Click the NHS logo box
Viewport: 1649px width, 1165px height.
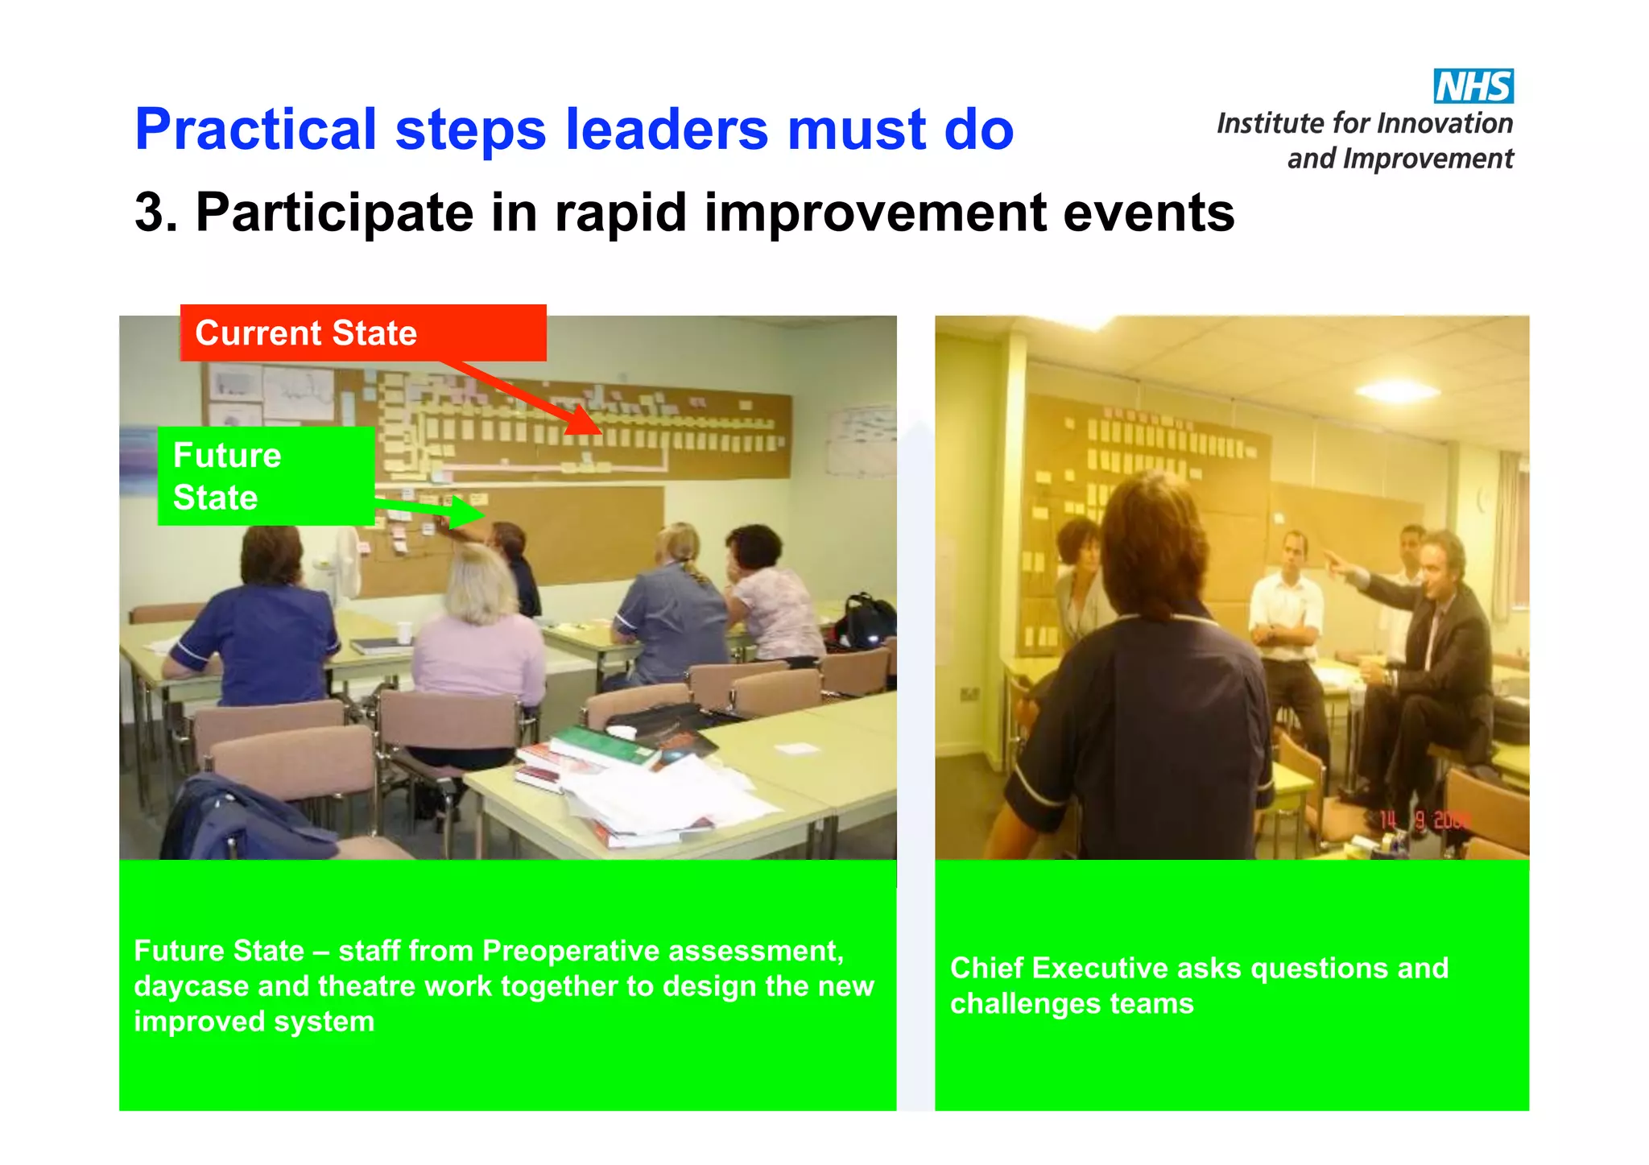pyautogui.click(x=1473, y=86)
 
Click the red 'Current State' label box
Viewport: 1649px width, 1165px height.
pyautogui.click(x=362, y=333)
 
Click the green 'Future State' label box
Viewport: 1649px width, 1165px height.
pyautogui.click(x=266, y=477)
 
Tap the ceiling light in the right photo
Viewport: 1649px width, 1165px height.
pyautogui.click(x=1397, y=392)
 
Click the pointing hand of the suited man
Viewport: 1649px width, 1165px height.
pyautogui.click(x=1337, y=564)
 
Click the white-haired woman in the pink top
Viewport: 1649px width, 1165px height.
pyautogui.click(x=479, y=636)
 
